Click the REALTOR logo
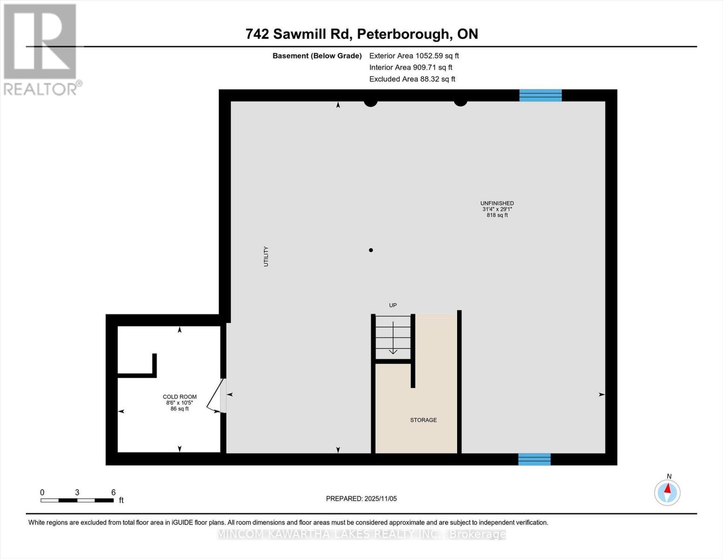click(x=41, y=49)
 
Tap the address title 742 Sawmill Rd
click(x=362, y=34)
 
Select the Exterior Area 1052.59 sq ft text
click(x=414, y=55)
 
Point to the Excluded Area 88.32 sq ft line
click(x=412, y=79)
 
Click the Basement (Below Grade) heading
click(x=317, y=55)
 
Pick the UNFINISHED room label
click(x=497, y=203)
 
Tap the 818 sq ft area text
click(x=497, y=215)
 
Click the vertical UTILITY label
click(x=266, y=256)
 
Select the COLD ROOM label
click(x=180, y=397)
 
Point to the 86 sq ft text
click(x=180, y=409)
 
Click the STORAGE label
click(x=423, y=420)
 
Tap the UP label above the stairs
click(x=393, y=305)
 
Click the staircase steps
click(x=393, y=337)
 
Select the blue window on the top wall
click(x=541, y=95)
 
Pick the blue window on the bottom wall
click(x=534, y=459)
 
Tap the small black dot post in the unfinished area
click(x=371, y=250)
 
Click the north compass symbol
click(x=667, y=492)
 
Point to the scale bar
click(x=77, y=500)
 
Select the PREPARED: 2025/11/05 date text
click(x=361, y=498)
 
